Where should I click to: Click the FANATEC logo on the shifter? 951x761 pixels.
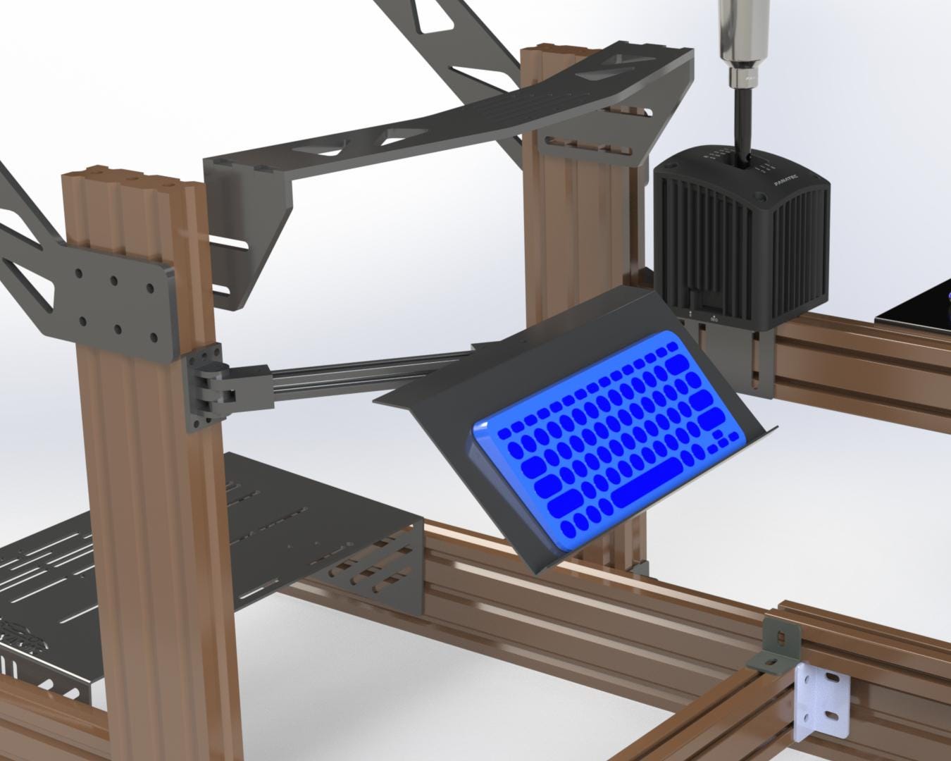pyautogui.click(x=785, y=180)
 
